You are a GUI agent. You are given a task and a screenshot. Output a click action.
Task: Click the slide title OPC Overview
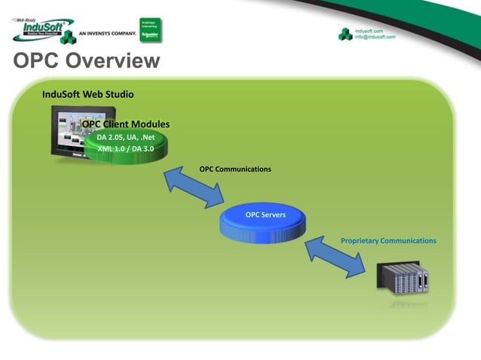86,61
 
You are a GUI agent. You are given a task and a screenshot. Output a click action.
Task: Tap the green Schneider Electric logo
151,29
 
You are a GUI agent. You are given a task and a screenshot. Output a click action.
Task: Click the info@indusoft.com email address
375,36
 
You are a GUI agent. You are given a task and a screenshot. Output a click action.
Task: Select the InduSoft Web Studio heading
87,95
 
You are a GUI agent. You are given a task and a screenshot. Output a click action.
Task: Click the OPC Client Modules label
126,124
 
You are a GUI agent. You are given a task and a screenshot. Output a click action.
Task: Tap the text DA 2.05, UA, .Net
125,137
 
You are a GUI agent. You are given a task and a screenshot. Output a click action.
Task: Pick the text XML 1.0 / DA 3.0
125,148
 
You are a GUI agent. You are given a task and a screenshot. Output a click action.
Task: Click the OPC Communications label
234,169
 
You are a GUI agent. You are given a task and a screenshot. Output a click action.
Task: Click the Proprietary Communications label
388,241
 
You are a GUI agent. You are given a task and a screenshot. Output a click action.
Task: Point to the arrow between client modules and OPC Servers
194,187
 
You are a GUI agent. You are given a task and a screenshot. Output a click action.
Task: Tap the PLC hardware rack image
403,279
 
